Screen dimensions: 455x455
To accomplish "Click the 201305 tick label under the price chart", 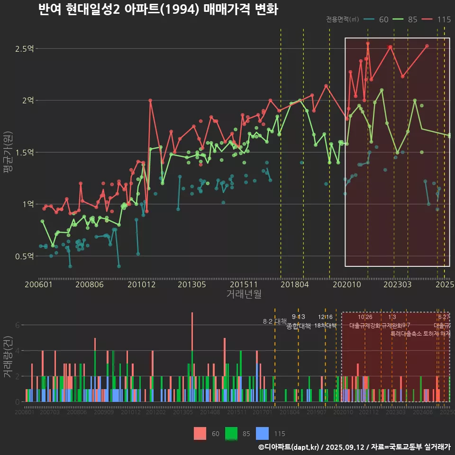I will [191, 285].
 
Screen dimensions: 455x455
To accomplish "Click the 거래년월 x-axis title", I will [244, 294].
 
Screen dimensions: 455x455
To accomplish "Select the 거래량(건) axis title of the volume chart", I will [8, 357].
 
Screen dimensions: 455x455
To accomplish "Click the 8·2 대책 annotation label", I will [275, 321].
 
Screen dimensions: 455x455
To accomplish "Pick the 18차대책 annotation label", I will [325, 326].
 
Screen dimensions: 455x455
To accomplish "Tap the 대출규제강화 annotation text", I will [365, 326].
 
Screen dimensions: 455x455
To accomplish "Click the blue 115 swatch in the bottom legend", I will [262, 433].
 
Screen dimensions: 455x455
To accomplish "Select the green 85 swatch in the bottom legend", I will [231, 433].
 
